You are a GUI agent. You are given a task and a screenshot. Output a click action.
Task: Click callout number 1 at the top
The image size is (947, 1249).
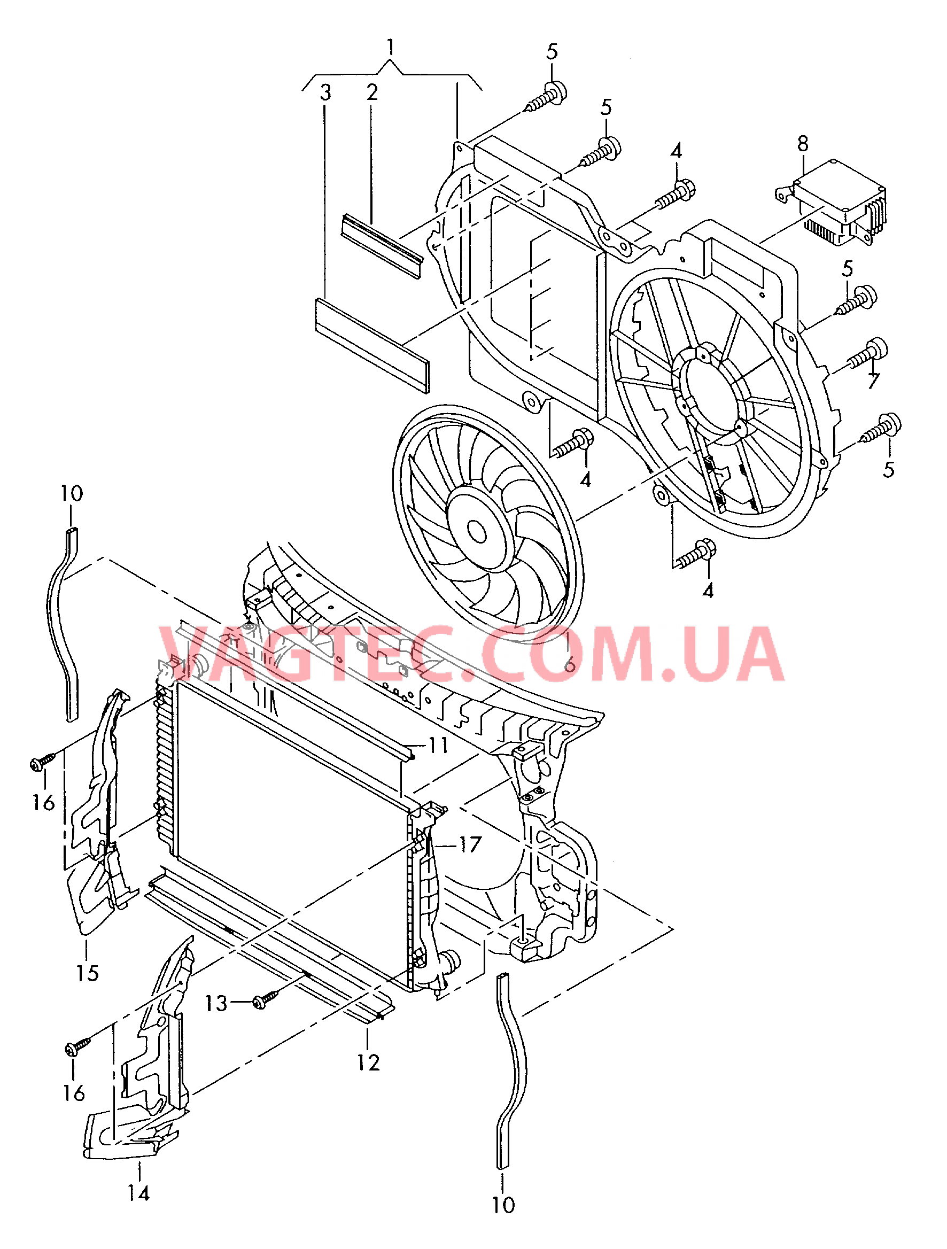click(x=391, y=47)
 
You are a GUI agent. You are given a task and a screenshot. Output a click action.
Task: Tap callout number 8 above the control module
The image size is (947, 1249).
click(x=802, y=144)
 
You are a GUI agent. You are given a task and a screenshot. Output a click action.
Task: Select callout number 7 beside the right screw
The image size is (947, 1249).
click(x=874, y=381)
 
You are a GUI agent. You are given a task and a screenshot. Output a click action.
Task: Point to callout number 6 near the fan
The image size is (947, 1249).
click(x=570, y=665)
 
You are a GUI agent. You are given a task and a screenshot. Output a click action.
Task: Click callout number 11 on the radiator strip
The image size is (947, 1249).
click(x=438, y=746)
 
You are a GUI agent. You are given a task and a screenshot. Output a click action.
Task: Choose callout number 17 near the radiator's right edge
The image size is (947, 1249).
click(x=470, y=845)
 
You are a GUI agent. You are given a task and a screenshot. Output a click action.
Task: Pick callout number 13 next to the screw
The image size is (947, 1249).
click(x=216, y=1003)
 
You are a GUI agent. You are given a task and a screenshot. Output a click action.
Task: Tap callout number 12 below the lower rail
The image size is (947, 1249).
click(x=368, y=1062)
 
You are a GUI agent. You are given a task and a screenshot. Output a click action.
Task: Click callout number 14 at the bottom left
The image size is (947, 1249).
click(x=138, y=1193)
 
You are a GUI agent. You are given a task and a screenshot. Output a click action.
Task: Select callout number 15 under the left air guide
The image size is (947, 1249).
click(x=88, y=973)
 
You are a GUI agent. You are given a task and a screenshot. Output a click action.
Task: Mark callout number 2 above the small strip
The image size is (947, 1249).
click(x=371, y=92)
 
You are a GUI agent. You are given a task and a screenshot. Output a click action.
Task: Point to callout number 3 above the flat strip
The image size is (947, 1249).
click(x=325, y=92)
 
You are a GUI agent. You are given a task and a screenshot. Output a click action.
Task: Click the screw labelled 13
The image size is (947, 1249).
click(x=265, y=1000)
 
